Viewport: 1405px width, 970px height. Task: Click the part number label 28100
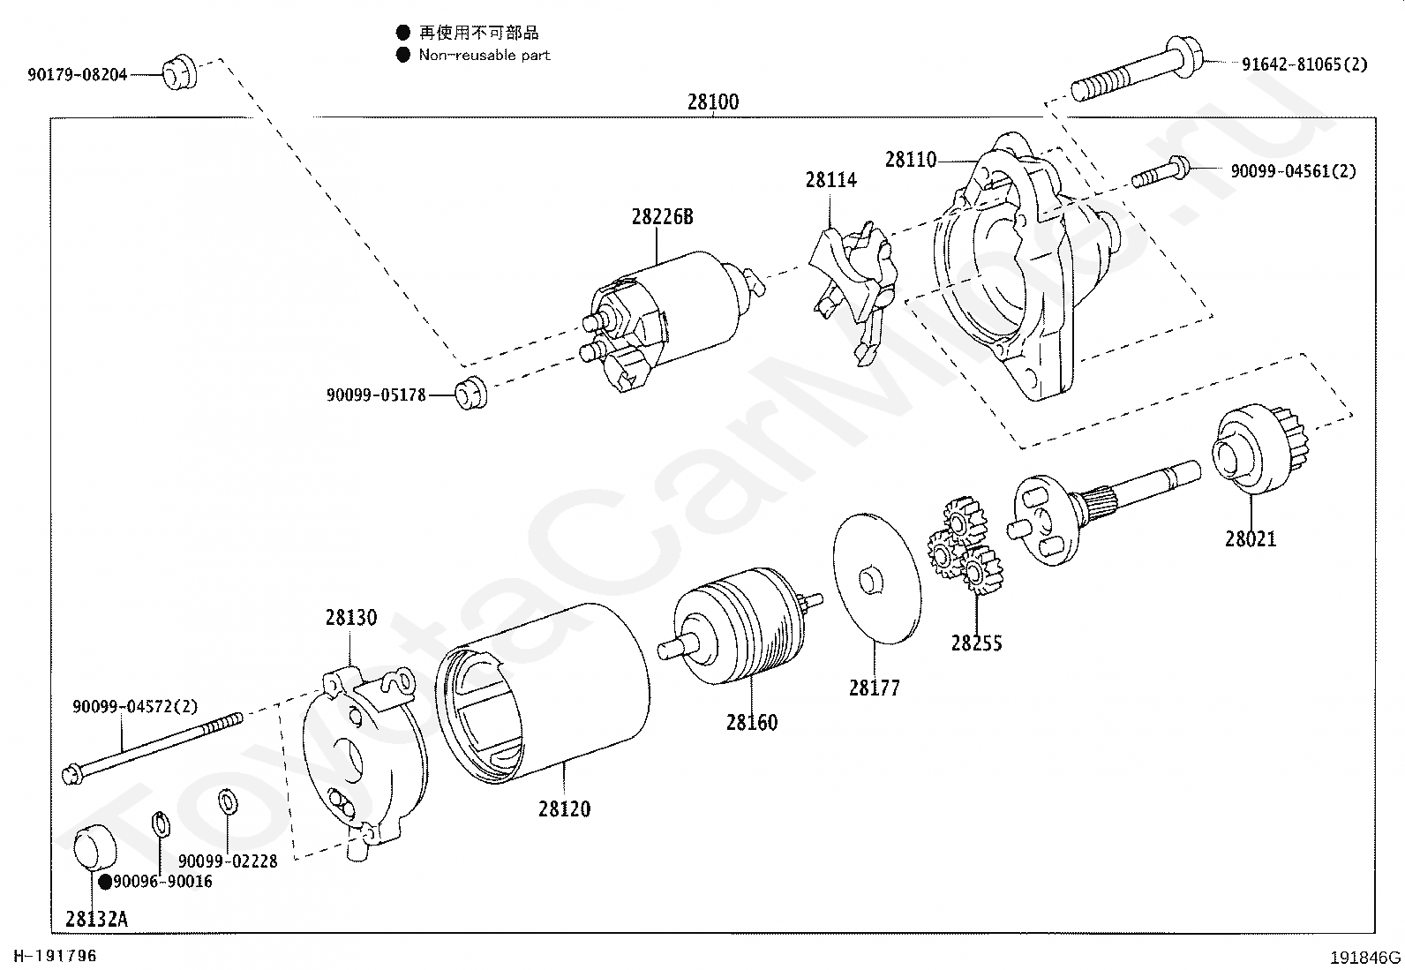pos(713,102)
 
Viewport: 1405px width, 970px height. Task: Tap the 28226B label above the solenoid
pos(662,216)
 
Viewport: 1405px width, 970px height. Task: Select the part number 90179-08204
pos(77,75)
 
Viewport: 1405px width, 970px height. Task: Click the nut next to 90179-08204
pos(180,72)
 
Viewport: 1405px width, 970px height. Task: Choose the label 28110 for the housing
pos(910,160)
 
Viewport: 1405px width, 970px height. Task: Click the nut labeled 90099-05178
pos(470,392)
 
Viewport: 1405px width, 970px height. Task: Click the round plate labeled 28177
pos(876,578)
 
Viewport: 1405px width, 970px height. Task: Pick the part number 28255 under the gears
pos(976,643)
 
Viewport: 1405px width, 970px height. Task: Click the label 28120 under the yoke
pos(564,808)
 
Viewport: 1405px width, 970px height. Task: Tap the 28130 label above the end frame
pos(350,617)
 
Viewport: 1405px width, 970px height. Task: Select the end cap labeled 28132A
pos(93,847)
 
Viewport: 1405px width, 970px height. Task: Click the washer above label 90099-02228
pos(227,801)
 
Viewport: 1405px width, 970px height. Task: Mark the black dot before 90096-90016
pos(105,881)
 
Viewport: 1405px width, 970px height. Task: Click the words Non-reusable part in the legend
pos(485,55)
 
